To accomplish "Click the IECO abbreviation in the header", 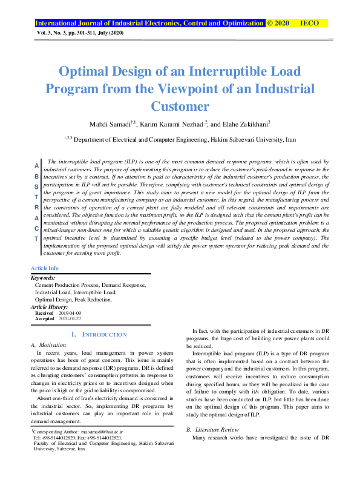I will (309, 23).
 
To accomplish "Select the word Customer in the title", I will (180, 106).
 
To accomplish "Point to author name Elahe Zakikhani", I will (247, 123).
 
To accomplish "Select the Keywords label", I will (45, 278).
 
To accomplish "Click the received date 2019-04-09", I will (69, 313).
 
